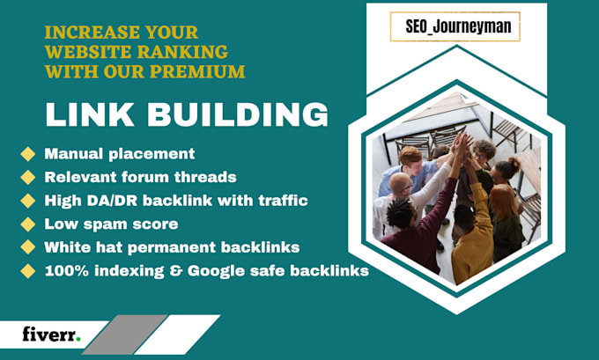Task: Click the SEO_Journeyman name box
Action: pos(455,26)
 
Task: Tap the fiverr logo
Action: pos(52,334)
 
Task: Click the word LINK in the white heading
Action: pos(89,114)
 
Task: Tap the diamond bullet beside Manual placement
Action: pos(28,154)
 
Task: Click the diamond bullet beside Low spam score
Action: pos(28,224)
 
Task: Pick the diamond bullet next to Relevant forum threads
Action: pos(28,177)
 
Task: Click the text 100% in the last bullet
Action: pos(67,271)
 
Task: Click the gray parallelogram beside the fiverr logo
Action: pos(125,334)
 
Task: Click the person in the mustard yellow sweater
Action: pos(472,239)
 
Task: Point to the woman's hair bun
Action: pos(513,164)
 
